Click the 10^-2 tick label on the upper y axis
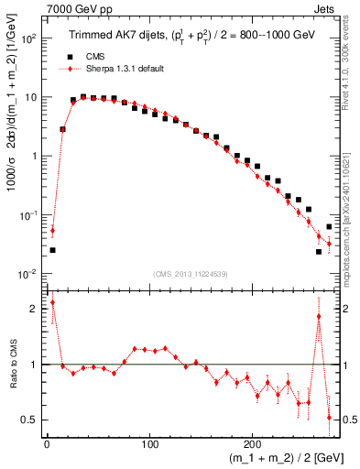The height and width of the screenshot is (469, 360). [x=27, y=274]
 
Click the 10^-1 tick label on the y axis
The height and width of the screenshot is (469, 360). [x=27, y=215]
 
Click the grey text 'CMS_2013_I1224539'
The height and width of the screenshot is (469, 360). [x=190, y=273]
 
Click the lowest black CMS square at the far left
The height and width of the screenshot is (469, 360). [x=52, y=250]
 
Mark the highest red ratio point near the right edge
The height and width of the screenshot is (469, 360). [x=319, y=317]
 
